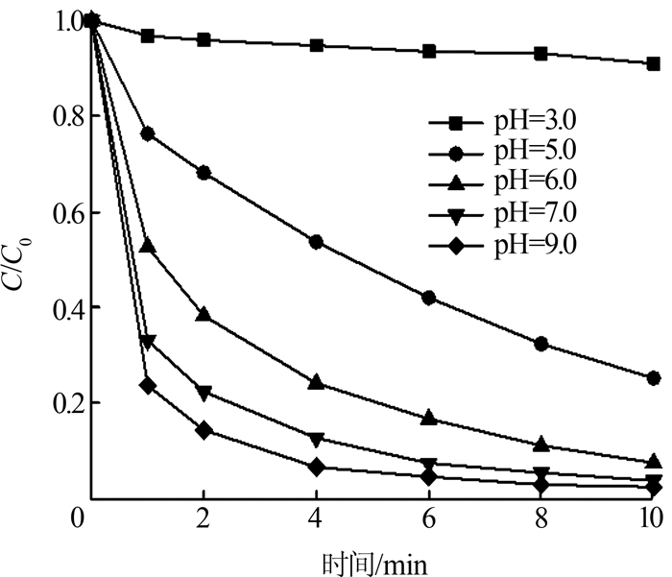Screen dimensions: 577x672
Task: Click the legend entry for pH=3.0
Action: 518,122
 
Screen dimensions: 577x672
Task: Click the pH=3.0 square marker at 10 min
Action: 654,64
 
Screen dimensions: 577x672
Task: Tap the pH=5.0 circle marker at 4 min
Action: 317,242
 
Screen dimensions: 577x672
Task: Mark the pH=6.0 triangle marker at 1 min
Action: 147,246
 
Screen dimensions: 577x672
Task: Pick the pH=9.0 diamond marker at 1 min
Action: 147,385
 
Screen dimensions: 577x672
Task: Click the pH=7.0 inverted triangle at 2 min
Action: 204,393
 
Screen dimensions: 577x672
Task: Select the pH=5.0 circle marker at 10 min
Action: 654,378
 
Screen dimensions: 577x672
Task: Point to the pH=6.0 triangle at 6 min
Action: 429,418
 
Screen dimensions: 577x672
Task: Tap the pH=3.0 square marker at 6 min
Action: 429,51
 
